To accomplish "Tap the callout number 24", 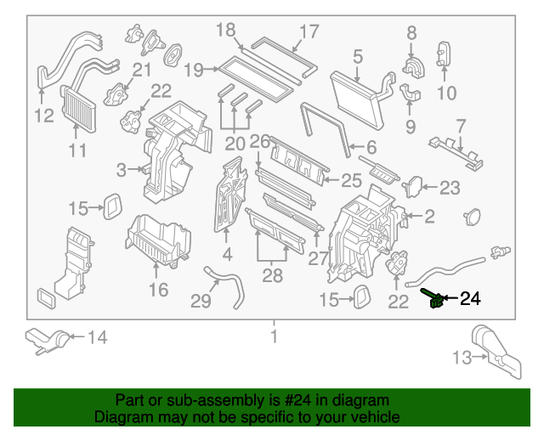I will click(x=470, y=298).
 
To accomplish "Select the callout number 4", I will click(x=227, y=254).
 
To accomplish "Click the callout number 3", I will click(x=122, y=170).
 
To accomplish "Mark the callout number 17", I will click(x=308, y=32).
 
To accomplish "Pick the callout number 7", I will click(x=461, y=126).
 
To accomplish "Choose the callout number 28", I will click(x=272, y=275).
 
